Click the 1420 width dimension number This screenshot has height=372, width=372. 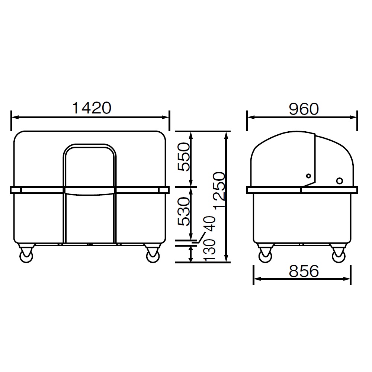92,108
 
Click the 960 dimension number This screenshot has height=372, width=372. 304,109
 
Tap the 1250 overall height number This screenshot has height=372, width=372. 219,190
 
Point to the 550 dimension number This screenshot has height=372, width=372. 184,157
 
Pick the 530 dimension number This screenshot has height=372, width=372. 184,211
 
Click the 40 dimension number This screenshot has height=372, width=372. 210,224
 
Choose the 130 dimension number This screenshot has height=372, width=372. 210,250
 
